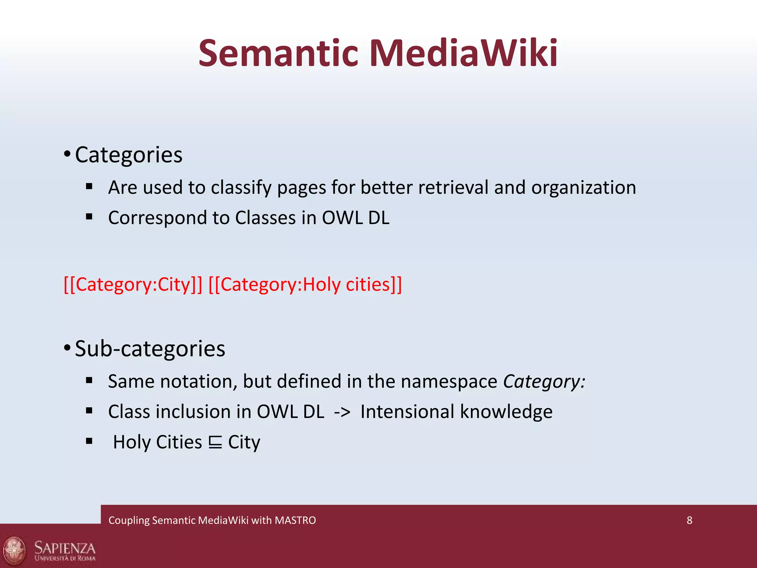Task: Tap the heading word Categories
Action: (129, 155)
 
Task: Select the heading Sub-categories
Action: (150, 348)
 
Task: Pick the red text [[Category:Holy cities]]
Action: (305, 284)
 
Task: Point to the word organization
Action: (584, 187)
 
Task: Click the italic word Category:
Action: (544, 381)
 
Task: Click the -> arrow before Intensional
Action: (342, 412)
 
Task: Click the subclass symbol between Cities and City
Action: (215, 442)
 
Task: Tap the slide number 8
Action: (689, 520)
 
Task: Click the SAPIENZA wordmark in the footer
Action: (65, 548)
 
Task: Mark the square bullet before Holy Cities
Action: (89, 441)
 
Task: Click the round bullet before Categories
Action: (67, 154)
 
